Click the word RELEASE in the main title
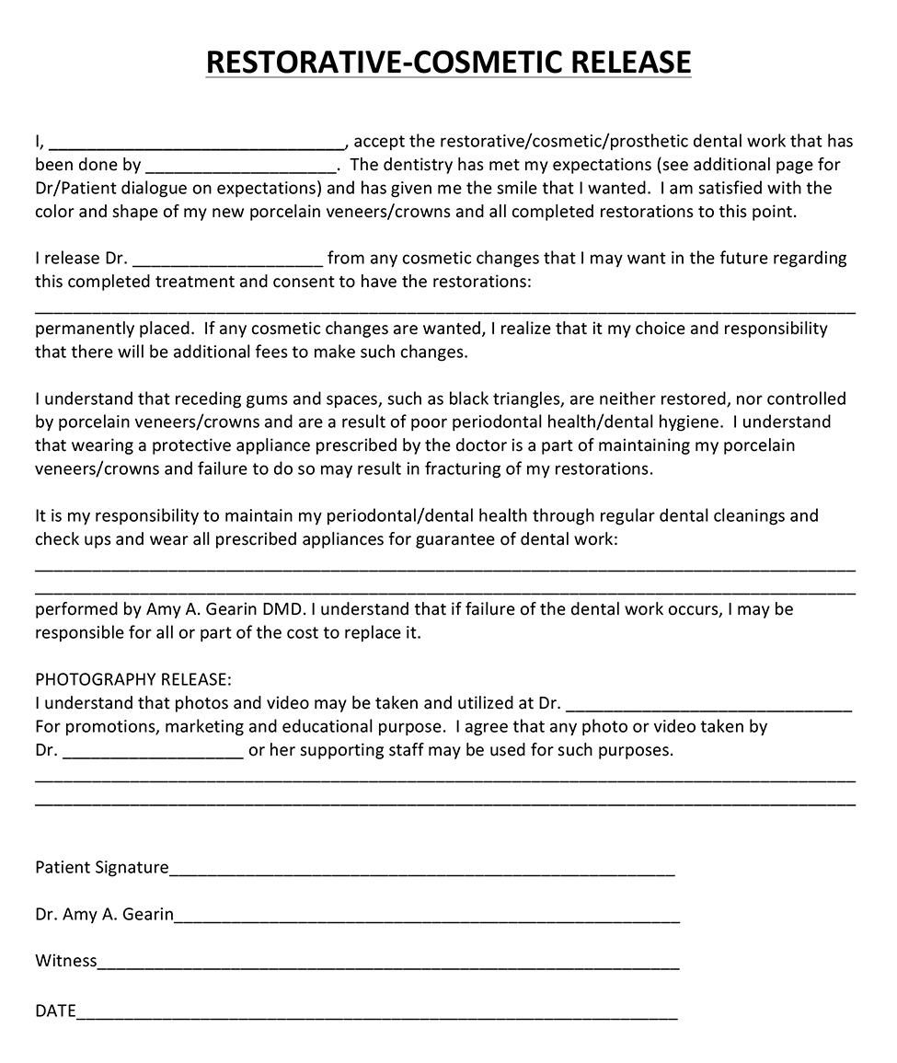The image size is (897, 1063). click(x=630, y=62)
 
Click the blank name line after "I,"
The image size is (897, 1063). click(x=196, y=145)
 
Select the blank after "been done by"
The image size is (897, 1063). click(x=241, y=169)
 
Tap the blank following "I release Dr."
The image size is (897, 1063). click(x=228, y=262)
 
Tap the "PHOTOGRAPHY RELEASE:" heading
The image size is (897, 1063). click(x=133, y=679)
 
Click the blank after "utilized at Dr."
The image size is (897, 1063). click(x=708, y=708)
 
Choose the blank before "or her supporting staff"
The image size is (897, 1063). click(x=153, y=755)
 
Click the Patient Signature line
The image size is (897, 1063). click(x=421, y=872)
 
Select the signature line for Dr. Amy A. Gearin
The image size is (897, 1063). click(x=427, y=919)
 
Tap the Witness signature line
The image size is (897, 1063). click(x=388, y=965)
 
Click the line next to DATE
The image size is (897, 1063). click(x=377, y=1016)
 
